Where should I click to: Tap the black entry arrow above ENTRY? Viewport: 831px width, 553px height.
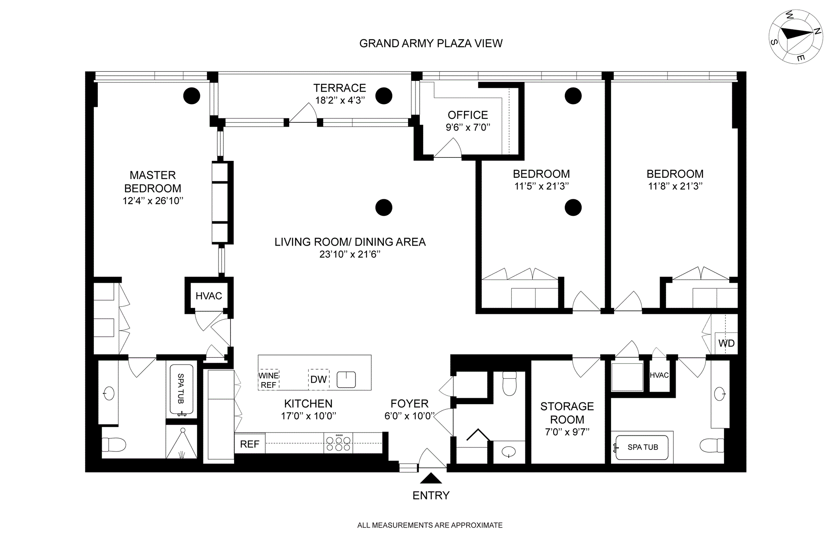(431, 478)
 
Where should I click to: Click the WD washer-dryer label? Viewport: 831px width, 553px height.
(726, 343)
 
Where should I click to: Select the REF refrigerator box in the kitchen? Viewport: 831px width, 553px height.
(250, 444)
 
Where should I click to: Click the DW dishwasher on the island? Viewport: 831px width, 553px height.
(319, 380)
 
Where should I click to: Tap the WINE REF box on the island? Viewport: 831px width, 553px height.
(268, 380)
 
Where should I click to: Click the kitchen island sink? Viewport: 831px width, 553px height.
(346, 379)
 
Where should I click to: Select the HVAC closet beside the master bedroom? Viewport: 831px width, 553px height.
(209, 296)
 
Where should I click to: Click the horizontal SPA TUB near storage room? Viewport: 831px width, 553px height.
(642, 447)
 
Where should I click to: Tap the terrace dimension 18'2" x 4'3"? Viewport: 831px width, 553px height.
(340, 100)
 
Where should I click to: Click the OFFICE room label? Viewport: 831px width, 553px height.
(468, 115)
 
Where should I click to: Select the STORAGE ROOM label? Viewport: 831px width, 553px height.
(567, 413)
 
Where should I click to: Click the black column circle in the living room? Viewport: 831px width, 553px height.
(383, 208)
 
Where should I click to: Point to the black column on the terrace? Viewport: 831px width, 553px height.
(383, 96)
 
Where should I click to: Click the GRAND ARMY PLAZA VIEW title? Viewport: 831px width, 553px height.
(431, 43)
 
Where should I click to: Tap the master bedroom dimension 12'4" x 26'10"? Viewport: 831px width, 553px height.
(153, 201)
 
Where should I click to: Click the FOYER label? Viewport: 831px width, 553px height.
(409, 403)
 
